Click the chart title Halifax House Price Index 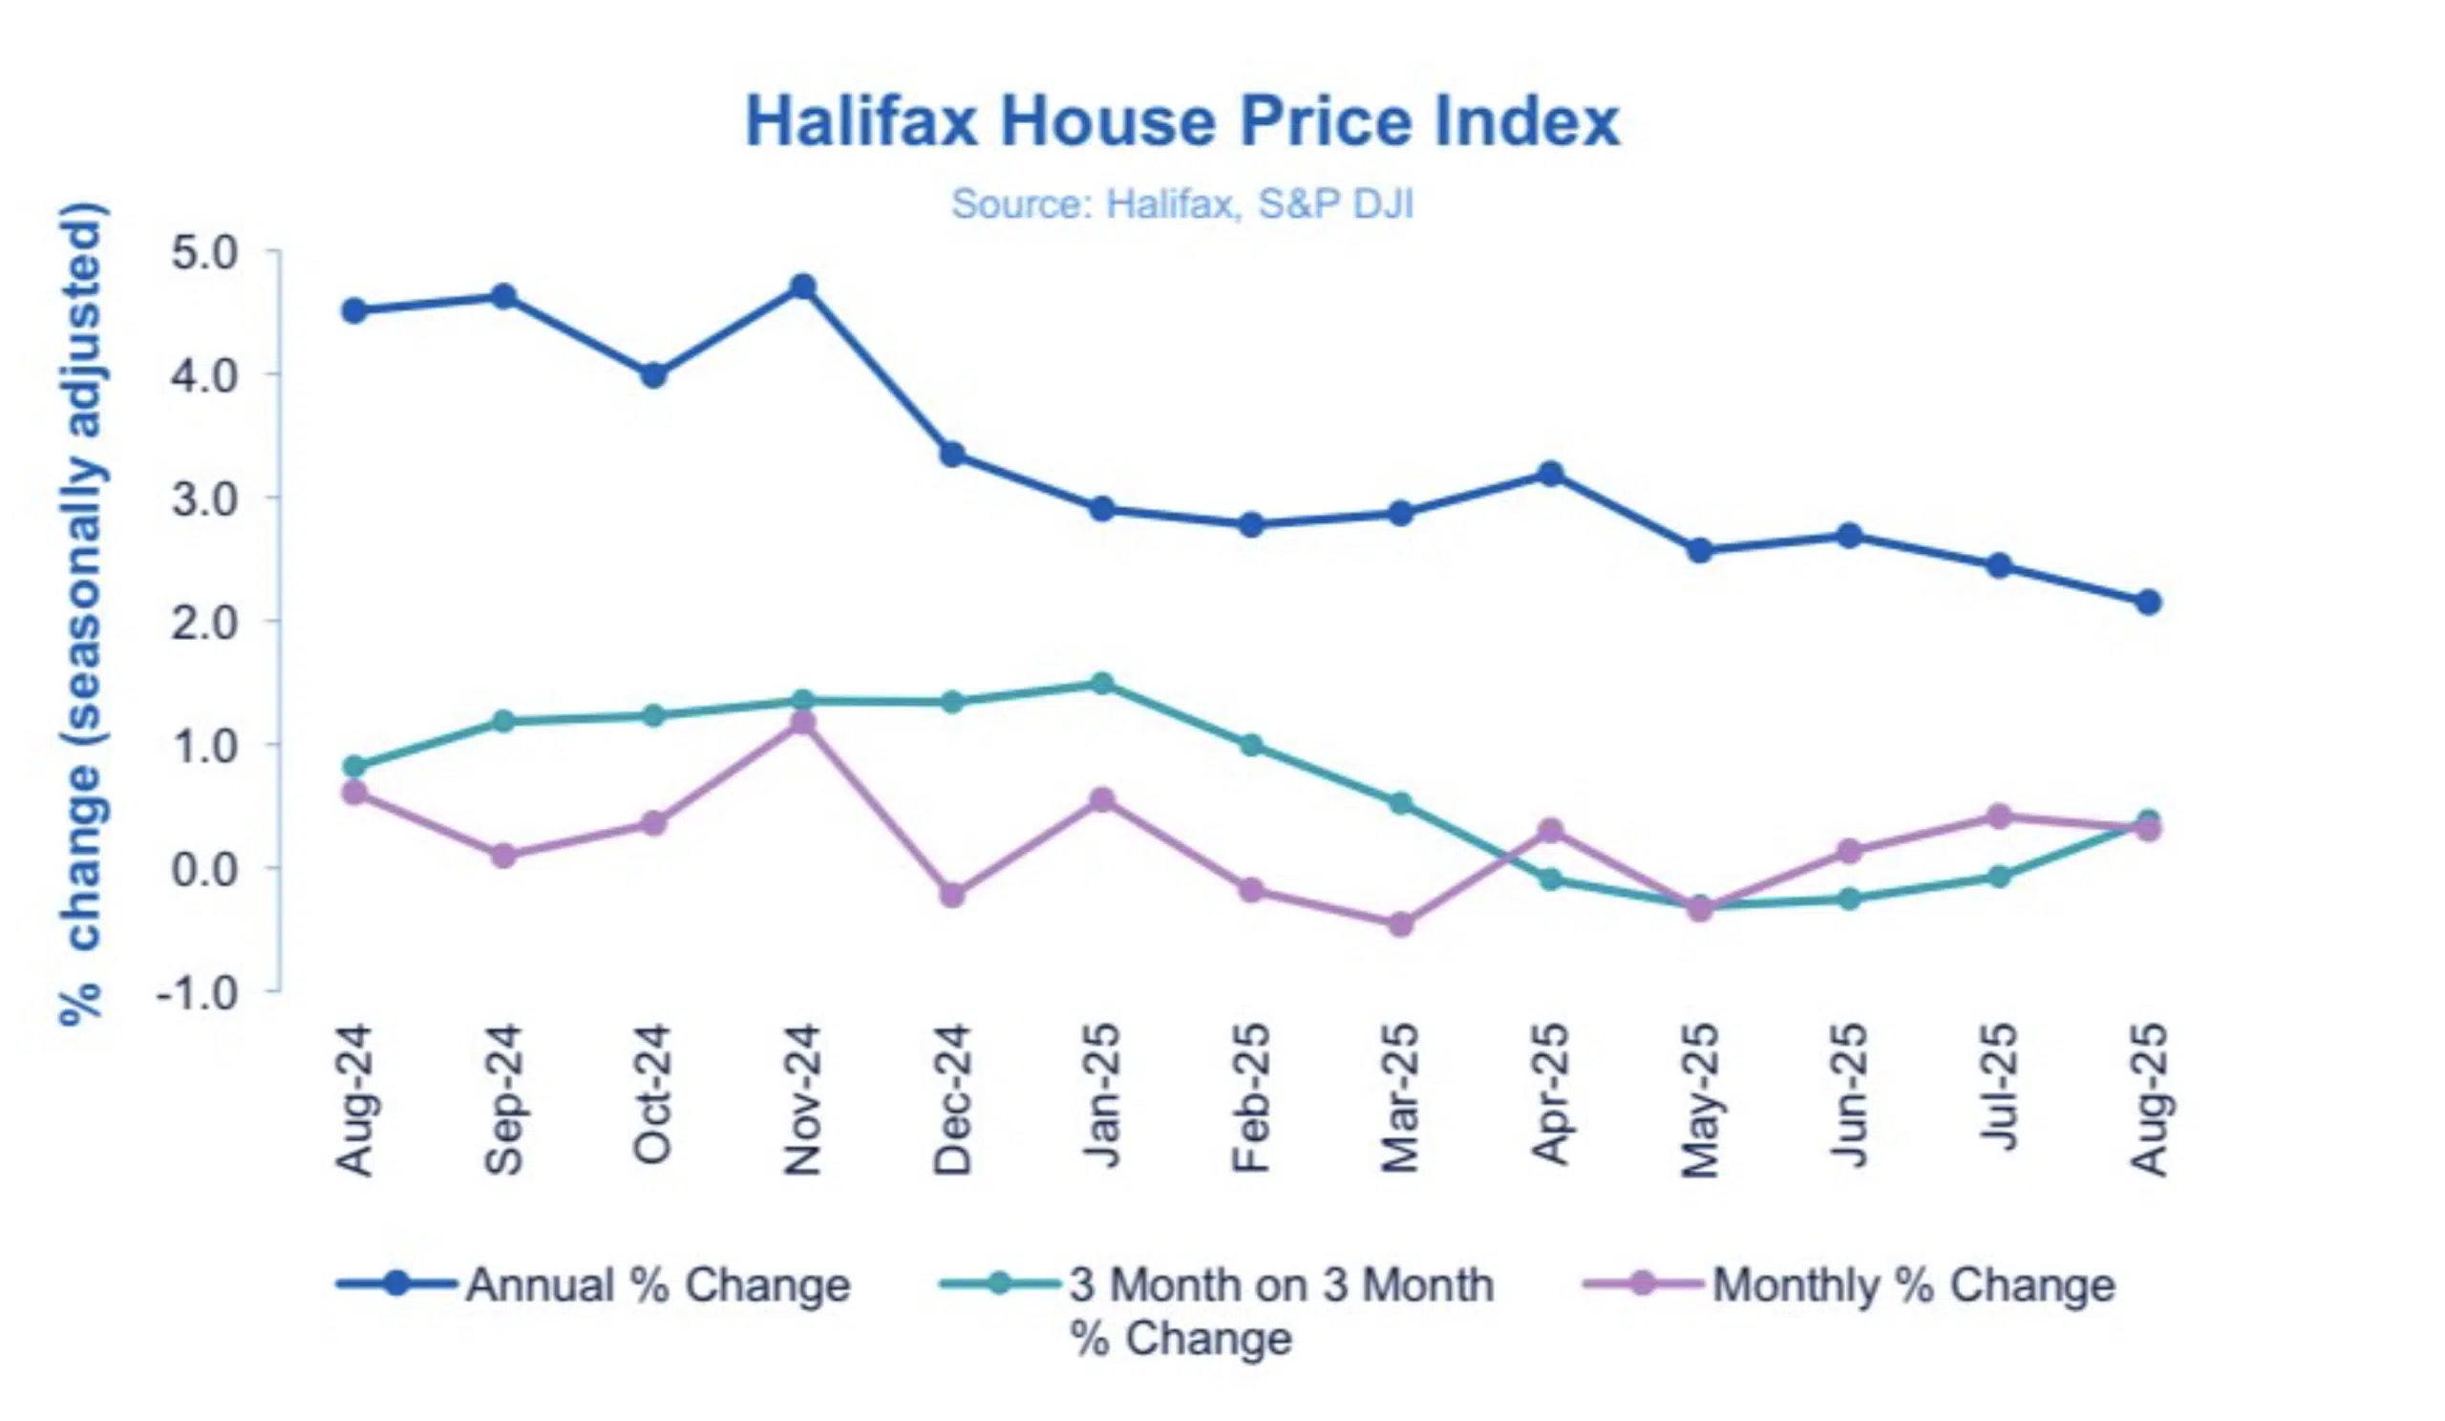click(1181, 122)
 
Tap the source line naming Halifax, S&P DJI click(1181, 204)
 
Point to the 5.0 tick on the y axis click(203, 253)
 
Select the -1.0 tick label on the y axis click(197, 993)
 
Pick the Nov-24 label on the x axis click(803, 1100)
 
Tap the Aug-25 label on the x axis click(2148, 1100)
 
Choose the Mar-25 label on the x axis click(1401, 1100)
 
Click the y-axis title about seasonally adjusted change click(81, 613)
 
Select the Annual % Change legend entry click(594, 1285)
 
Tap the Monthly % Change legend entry click(1848, 1285)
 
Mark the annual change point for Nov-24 click(803, 287)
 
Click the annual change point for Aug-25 click(2148, 603)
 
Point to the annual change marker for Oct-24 click(654, 375)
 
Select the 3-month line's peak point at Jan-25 click(1102, 684)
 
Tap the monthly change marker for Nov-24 click(803, 724)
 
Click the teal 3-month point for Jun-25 click(1849, 900)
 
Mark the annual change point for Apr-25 click(1550, 474)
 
